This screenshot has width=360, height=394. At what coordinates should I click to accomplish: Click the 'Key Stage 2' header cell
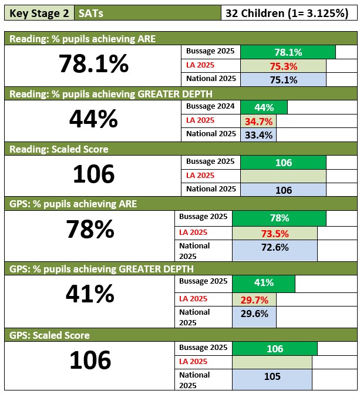[39, 13]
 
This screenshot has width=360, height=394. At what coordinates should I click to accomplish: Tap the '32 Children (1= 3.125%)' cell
[287, 13]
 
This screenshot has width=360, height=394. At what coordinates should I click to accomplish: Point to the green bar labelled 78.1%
[288, 52]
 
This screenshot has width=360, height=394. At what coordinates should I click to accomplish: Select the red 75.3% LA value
[283, 66]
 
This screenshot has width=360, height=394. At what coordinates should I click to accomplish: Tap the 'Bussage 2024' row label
[210, 106]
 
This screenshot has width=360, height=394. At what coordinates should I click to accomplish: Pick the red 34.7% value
[258, 121]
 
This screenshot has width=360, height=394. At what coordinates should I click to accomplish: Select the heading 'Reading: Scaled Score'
[59, 149]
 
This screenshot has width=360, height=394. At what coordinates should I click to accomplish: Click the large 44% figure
[93, 120]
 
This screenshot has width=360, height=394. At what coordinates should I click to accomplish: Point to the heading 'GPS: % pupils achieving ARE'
[73, 204]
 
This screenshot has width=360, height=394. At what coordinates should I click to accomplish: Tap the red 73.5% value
[275, 233]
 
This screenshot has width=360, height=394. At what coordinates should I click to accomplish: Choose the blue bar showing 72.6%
[275, 248]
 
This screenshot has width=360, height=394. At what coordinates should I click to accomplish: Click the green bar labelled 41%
[264, 283]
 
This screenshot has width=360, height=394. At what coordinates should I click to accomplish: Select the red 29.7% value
[255, 299]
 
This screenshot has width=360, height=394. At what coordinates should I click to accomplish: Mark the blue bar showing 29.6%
[255, 314]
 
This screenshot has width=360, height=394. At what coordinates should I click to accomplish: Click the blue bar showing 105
[272, 376]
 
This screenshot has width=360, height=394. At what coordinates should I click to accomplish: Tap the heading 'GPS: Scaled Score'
[49, 335]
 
